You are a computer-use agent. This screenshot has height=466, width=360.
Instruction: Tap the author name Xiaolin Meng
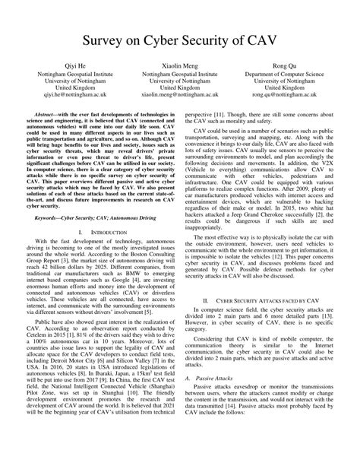179,67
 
